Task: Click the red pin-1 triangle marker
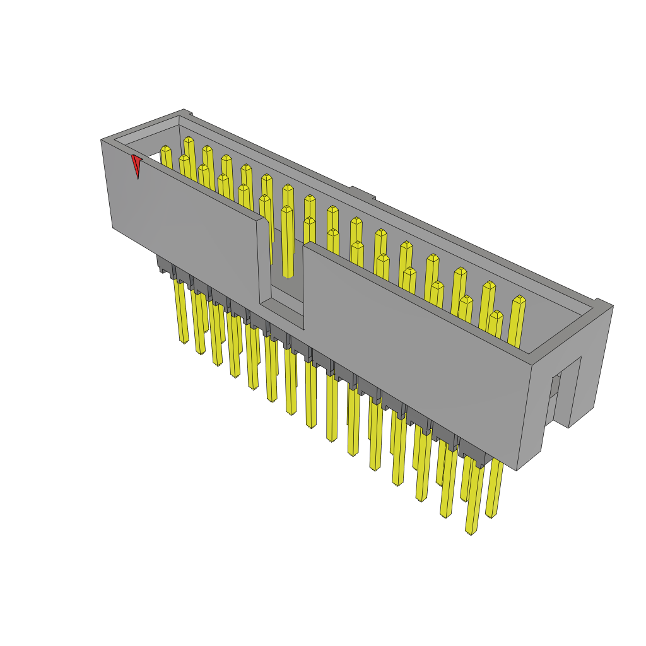tap(136, 165)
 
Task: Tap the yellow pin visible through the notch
tap(287, 243)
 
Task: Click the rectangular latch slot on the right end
tap(555, 394)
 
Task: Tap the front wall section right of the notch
tap(410, 353)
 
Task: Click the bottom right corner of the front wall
tap(517, 469)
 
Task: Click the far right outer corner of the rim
tap(613, 306)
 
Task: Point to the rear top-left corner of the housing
tap(184, 110)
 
